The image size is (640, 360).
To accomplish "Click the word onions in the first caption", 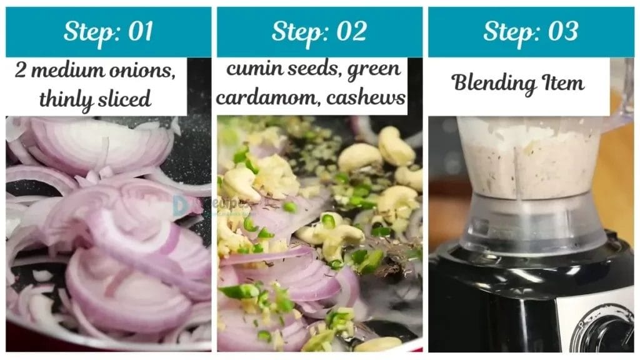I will click(143, 71).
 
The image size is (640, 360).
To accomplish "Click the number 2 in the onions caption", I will click(21, 71).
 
